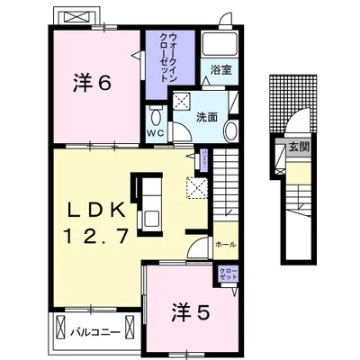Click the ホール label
tap(225, 244)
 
